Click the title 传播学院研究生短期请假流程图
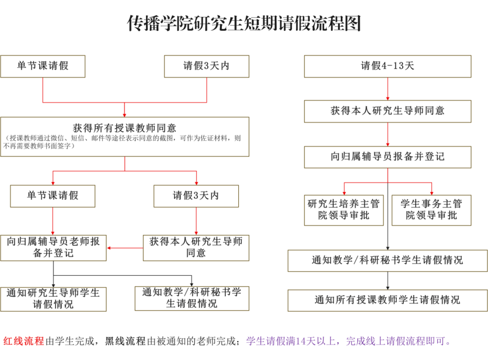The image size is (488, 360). point(244,23)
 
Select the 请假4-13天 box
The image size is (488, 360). point(387,66)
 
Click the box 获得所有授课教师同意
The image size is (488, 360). point(125,137)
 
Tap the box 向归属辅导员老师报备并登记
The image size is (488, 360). point(53,248)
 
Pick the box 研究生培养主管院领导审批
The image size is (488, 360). point(343,210)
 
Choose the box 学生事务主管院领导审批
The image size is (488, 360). point(431,210)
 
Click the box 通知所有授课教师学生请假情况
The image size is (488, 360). point(387,300)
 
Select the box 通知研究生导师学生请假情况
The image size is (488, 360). point(53,299)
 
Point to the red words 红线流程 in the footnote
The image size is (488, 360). point(24,341)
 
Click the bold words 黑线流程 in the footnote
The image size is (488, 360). point(125,341)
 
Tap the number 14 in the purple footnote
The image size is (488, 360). point(301,341)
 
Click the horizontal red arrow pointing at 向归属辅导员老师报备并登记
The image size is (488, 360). point(125,248)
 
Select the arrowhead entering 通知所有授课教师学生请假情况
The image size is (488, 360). point(387,288)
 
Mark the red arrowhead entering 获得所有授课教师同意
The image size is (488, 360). point(125,115)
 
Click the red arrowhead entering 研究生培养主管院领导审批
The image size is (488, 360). point(344,193)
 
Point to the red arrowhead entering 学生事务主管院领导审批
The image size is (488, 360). point(431,193)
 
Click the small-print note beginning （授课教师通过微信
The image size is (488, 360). point(122,142)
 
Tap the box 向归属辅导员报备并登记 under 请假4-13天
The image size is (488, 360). point(387,157)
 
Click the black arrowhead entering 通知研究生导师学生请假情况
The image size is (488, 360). point(53,285)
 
